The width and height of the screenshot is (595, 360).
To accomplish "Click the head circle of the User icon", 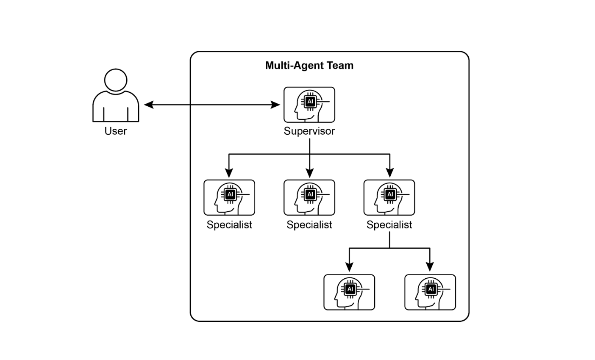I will (116, 80).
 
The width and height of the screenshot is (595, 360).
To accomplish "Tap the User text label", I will (116, 131).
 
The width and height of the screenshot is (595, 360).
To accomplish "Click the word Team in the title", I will (343, 66).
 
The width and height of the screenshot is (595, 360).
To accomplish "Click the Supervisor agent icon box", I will (309, 105).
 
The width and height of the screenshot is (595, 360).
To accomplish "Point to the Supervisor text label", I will (309, 131).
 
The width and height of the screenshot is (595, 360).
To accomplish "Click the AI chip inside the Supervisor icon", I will (310, 102).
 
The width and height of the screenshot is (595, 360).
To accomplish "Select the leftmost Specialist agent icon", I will (229, 197).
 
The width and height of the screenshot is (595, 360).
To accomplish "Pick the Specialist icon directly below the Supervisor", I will (309, 197).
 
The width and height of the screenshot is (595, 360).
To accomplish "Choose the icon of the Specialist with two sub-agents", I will (389, 197).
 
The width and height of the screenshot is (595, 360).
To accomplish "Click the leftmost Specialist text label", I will (229, 225).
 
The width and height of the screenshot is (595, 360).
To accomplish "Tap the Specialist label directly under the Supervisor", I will (309, 225).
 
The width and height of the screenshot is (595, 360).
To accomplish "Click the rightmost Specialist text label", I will (389, 225).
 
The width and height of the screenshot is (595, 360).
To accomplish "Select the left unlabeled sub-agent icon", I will (349, 292).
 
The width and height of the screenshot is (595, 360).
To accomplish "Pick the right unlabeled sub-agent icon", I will (430, 292).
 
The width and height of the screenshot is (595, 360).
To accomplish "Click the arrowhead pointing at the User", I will (149, 105).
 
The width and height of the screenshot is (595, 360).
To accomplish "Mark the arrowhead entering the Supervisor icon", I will (276, 105).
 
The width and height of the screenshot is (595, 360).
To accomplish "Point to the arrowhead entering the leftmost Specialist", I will (229, 173).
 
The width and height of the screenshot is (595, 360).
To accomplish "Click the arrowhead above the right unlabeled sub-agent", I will (430, 267).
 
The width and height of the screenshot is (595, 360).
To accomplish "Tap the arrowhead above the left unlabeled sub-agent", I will (349, 267).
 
